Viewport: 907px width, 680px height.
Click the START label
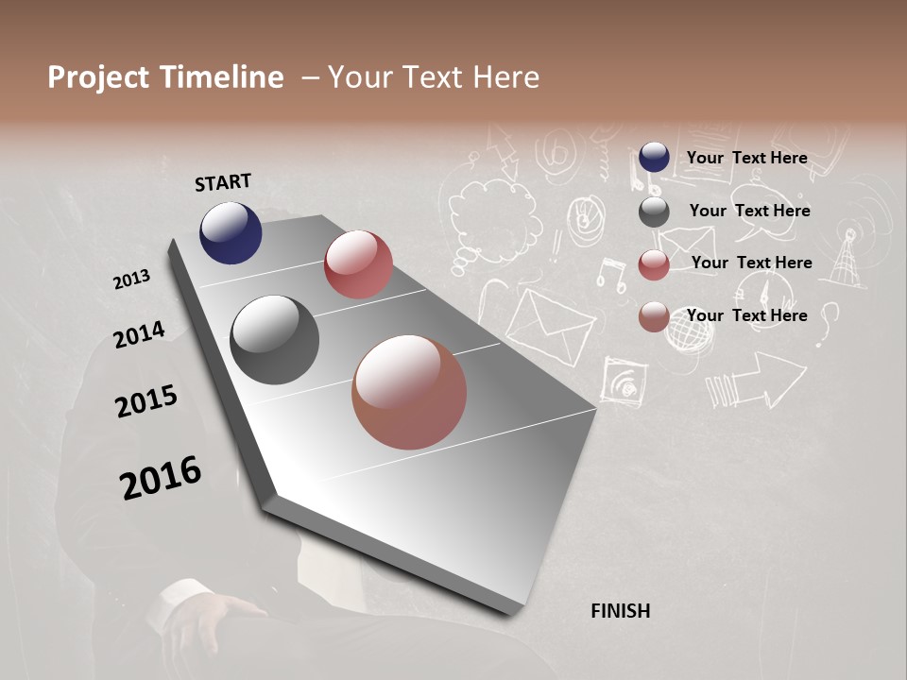pos(223,182)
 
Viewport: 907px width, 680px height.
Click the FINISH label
pos(621,611)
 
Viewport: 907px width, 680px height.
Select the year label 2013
pos(131,279)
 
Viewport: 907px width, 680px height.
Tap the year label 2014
pos(139,334)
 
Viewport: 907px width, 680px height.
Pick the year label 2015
pos(146,401)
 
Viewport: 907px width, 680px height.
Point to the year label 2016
pos(161,477)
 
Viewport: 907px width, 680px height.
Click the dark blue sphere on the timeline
pos(231,232)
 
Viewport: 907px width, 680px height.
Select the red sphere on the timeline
pos(358,264)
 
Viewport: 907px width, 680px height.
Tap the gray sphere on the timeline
pos(274,340)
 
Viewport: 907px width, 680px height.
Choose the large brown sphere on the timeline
pos(409,392)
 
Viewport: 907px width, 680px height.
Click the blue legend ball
pos(654,157)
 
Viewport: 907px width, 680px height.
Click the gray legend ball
pos(654,212)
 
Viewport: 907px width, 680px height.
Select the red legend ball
pos(654,264)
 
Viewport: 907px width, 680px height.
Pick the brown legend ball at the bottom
pos(654,317)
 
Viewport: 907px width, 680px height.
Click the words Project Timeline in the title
pos(165,77)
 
